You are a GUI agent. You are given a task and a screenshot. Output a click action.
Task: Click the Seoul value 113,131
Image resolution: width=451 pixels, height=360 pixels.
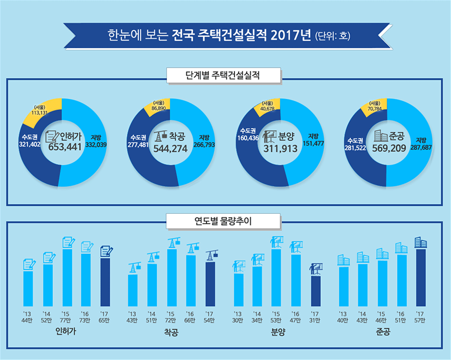(x=44, y=112)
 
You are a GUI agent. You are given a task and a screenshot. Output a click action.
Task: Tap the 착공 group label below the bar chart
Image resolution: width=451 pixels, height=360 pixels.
(x=171, y=332)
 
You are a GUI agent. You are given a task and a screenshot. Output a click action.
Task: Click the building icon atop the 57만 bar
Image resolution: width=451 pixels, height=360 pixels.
(x=420, y=243)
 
